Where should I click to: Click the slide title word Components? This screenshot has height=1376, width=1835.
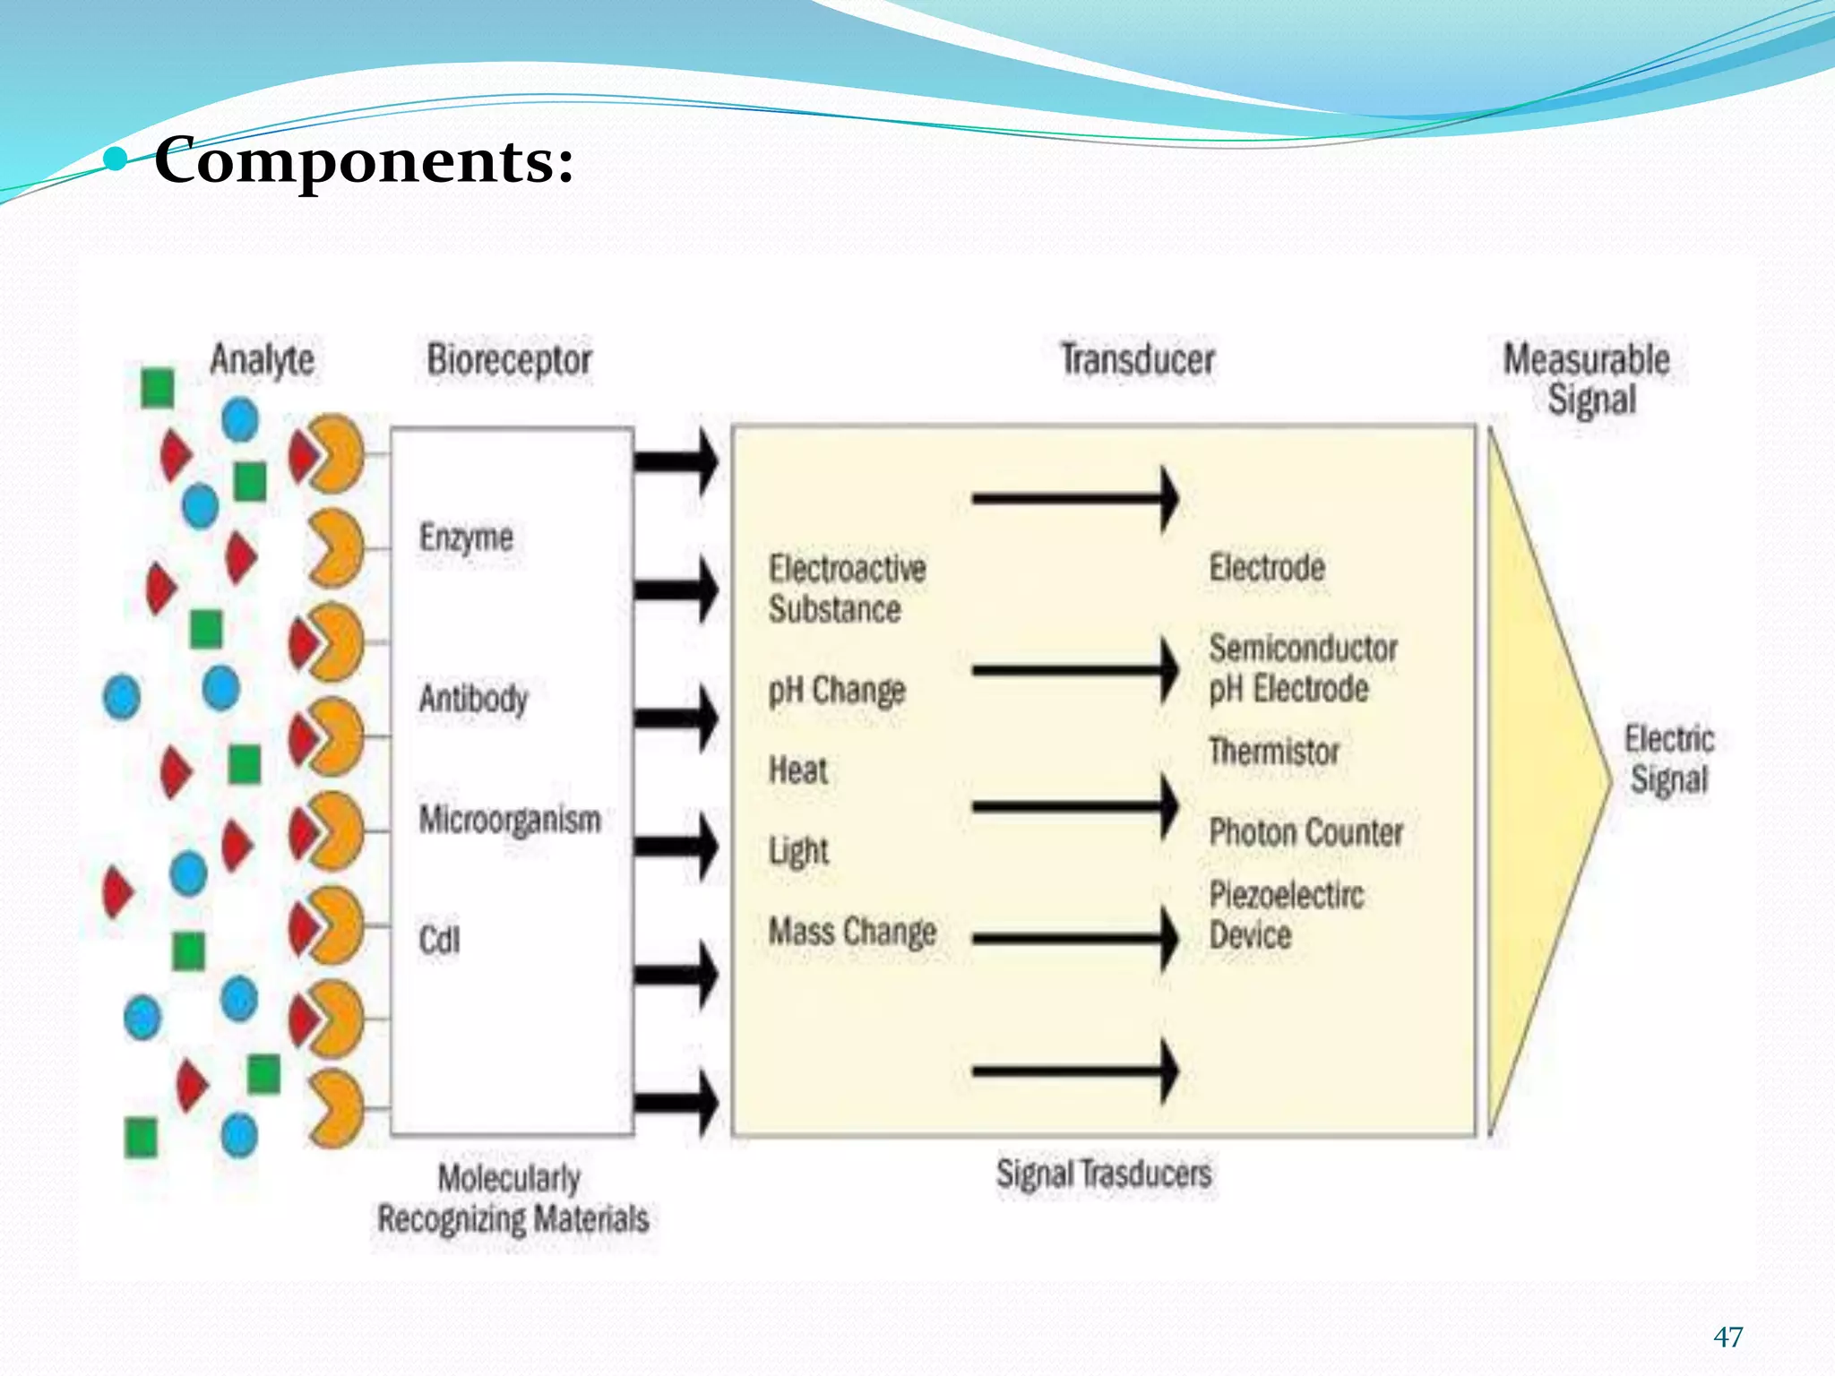(364, 161)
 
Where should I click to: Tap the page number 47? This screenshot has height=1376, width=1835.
(1727, 1337)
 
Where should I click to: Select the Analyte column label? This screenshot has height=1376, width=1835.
(262, 360)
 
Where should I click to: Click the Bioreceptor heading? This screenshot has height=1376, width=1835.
(509, 360)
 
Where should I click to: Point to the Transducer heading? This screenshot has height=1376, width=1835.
(1137, 360)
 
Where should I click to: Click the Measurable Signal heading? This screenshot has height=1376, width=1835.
(1587, 379)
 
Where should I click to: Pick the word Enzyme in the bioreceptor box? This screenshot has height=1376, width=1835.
(466, 537)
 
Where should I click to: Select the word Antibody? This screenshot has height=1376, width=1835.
(473, 698)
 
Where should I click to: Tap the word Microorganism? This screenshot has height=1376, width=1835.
(510, 820)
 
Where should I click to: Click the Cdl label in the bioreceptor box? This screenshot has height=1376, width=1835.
(439, 940)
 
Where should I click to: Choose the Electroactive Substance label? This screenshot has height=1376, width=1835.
(847, 589)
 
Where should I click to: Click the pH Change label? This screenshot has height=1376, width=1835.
(837, 691)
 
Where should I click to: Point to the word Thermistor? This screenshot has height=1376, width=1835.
(1273, 751)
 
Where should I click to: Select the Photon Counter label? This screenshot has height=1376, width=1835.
(1305, 832)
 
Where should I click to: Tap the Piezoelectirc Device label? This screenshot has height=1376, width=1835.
(1286, 915)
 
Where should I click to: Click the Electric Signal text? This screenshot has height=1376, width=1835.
(1668, 759)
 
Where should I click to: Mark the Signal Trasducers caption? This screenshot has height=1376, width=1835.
(1104, 1174)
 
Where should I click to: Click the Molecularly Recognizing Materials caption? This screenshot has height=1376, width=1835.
(513, 1199)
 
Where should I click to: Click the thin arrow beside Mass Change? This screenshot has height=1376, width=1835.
(1075, 939)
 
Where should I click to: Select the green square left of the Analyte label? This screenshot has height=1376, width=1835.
(158, 387)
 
